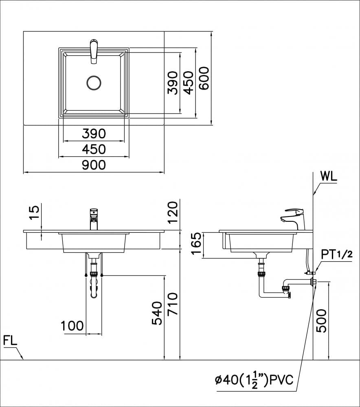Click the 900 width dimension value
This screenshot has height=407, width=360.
94,165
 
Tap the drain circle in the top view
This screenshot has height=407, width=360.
94,83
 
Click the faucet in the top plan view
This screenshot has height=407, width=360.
94,51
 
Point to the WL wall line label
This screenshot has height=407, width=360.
329,176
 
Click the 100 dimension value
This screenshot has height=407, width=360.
72,326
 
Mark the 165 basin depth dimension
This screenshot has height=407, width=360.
196,245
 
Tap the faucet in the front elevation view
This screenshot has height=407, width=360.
94,219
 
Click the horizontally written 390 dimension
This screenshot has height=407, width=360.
94,133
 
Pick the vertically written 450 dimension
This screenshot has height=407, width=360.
188,83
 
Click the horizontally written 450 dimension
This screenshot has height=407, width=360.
94,149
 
